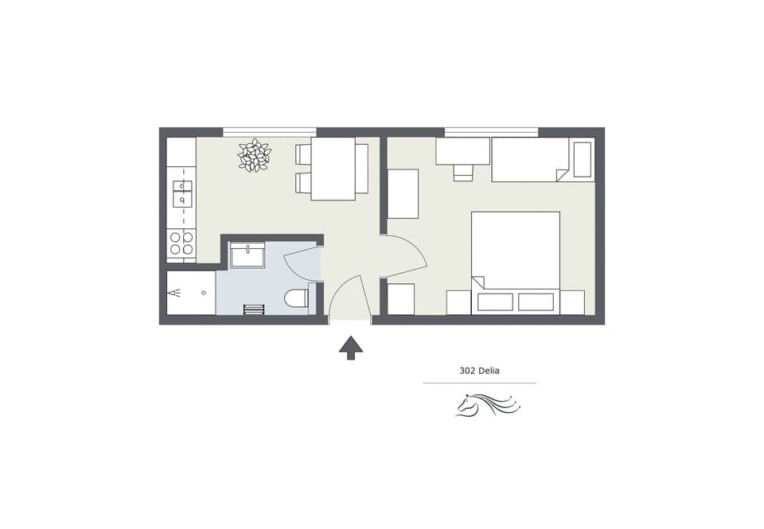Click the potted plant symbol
click(255, 155)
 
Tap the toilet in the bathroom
click(296, 298)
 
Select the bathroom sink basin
click(248, 255)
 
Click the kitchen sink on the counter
click(182, 193)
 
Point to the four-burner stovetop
click(181, 243)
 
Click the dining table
click(333, 169)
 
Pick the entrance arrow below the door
click(350, 346)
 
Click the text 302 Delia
click(479, 371)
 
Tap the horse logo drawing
click(487, 405)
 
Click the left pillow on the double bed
click(495, 302)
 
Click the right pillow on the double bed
click(536, 302)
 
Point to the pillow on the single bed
click(583, 159)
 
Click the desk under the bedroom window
click(462, 151)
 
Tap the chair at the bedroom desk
click(463, 173)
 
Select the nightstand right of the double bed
click(572, 302)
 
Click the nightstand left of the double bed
click(458, 302)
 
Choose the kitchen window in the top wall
click(269, 132)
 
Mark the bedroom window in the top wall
click(491, 132)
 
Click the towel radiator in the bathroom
click(254, 309)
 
